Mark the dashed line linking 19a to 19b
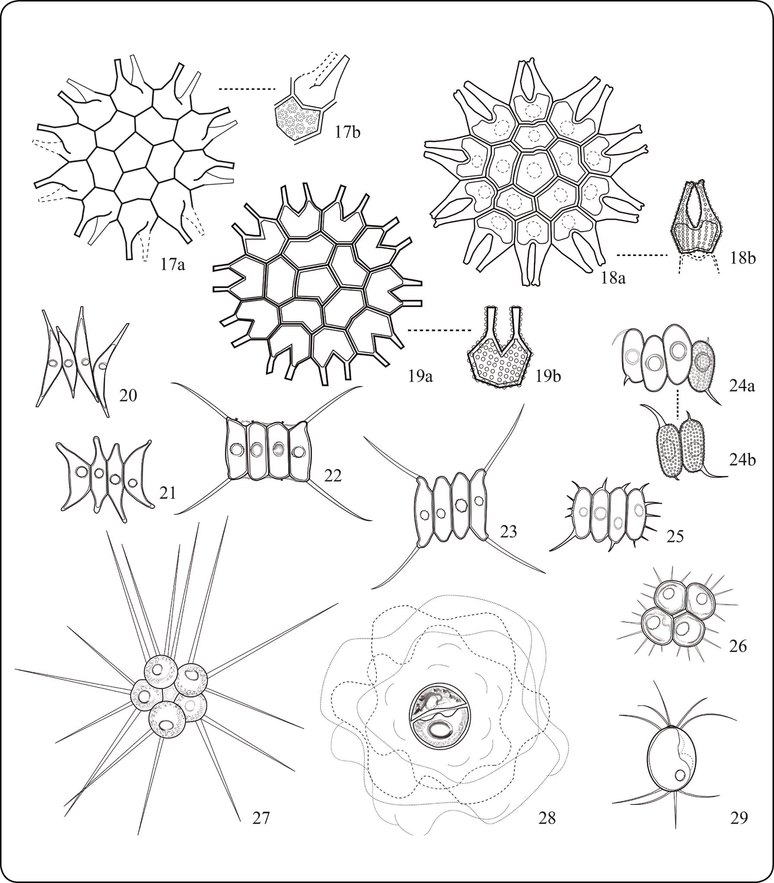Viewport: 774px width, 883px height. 439,331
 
